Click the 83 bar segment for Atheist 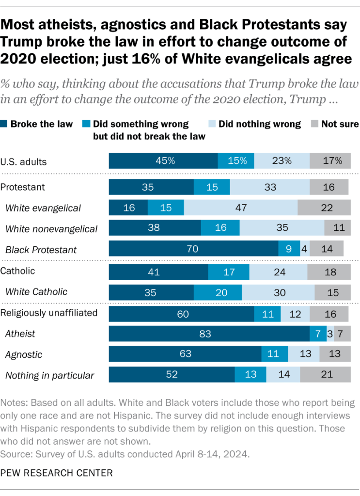(209, 334)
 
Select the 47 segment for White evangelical (241, 208)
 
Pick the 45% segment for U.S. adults (163, 160)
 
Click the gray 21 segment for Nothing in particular (325, 375)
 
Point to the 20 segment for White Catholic (218, 292)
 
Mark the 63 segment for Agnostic (185, 354)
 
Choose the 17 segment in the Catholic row (228, 272)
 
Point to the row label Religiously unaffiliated (49, 313)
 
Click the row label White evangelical (43, 208)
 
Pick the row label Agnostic (24, 354)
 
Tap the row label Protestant (23, 187)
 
